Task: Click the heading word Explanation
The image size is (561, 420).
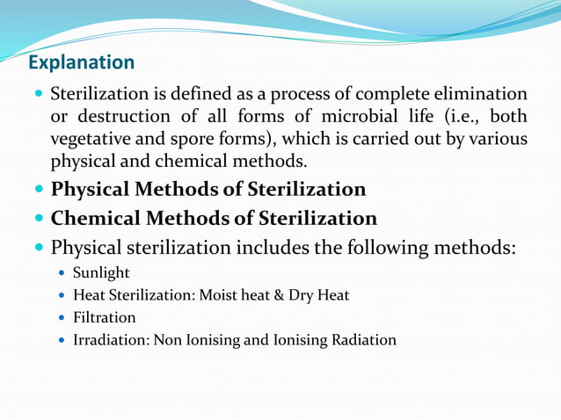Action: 81,62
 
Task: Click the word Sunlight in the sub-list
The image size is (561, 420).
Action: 101,273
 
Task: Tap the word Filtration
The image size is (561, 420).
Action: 105,317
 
